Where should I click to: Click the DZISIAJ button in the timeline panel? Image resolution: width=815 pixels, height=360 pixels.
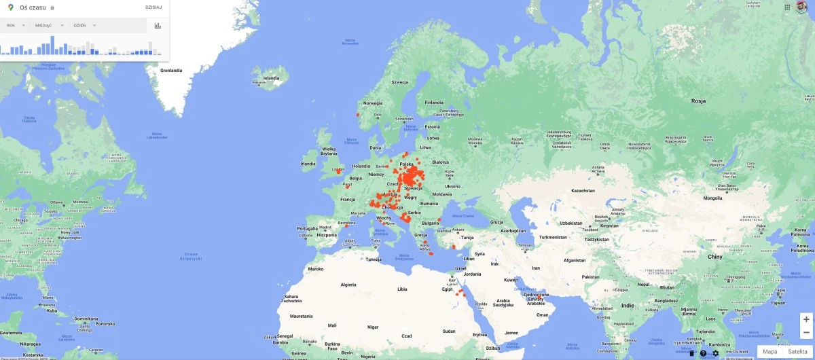point(153,7)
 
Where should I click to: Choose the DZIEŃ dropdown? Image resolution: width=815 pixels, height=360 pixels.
point(84,25)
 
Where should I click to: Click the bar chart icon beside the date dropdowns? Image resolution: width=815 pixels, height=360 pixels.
point(158,26)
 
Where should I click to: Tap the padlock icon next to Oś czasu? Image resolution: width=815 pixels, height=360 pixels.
point(52,7)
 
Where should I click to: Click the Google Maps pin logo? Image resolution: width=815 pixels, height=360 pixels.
point(12,7)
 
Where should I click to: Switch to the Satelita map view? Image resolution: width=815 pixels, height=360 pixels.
point(798,351)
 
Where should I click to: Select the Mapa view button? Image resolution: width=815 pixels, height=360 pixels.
point(769,351)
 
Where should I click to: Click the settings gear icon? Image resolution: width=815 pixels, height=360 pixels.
point(715,353)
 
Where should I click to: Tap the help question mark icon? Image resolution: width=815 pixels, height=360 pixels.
point(703,353)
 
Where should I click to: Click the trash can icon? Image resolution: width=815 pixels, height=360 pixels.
point(691,353)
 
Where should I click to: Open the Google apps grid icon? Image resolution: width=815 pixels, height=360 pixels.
point(787,7)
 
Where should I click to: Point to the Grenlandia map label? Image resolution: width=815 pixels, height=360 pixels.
point(171,70)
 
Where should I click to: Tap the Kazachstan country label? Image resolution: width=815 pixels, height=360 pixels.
point(583,191)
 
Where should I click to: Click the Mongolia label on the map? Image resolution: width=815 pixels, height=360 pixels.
point(713,198)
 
